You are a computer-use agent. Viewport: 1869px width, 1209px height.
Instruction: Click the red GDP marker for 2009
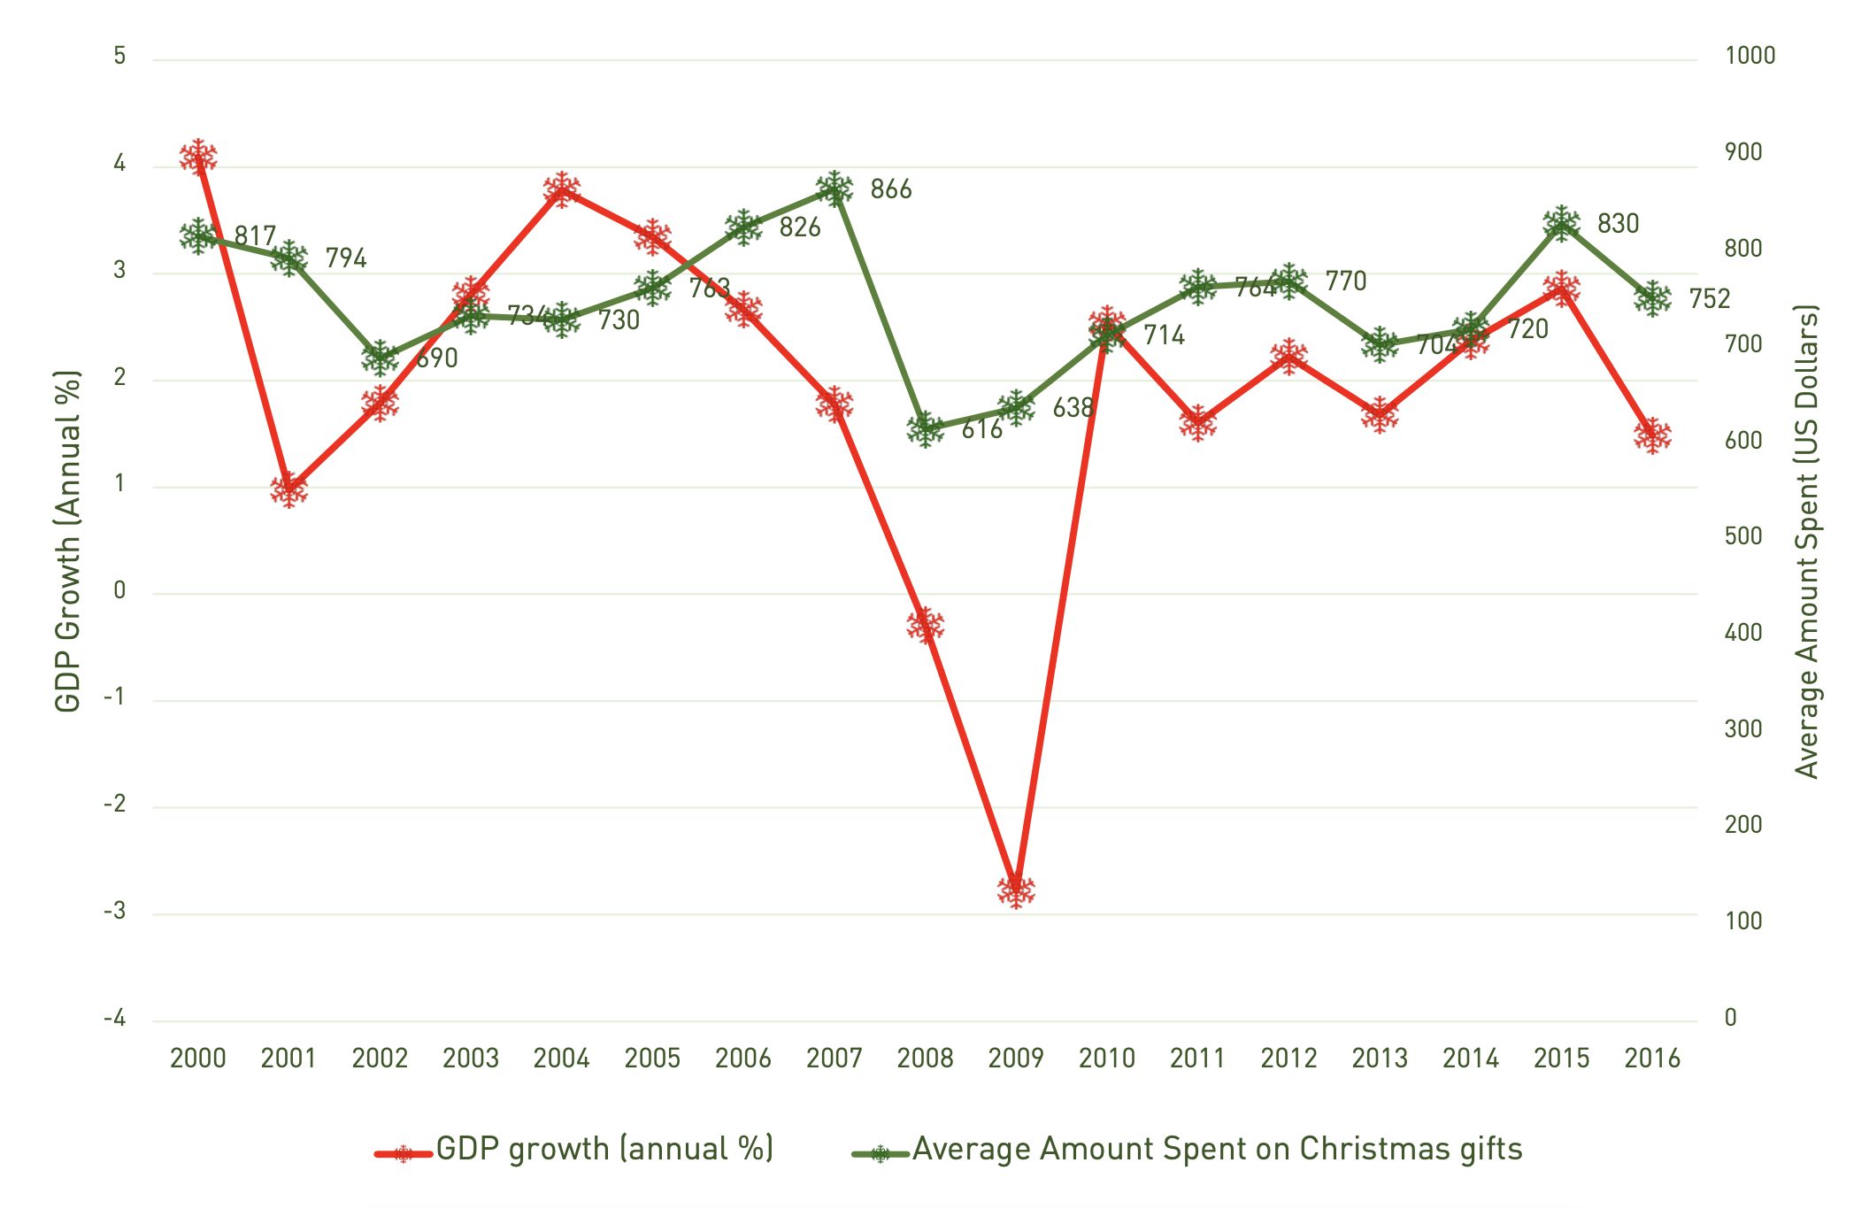(1016, 889)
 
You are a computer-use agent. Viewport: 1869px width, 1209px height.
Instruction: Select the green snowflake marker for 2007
(835, 189)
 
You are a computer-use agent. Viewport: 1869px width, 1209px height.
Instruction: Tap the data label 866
(890, 189)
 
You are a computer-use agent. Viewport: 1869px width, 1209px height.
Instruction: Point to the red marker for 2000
(198, 158)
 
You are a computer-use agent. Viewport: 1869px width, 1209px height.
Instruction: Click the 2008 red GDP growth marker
(926, 625)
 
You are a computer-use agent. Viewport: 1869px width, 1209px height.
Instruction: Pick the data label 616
(982, 430)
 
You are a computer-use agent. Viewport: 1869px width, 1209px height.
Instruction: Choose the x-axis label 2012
(1288, 1059)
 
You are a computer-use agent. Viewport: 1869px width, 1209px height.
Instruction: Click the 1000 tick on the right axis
(1750, 56)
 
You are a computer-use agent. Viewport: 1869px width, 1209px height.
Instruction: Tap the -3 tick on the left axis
(115, 912)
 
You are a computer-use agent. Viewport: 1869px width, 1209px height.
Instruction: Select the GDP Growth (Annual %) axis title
(67, 541)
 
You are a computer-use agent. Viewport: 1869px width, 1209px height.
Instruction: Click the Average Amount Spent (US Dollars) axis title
(1806, 541)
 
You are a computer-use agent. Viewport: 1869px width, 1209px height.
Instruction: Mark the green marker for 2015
(1561, 223)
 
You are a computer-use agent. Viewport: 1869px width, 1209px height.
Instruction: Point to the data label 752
(1709, 299)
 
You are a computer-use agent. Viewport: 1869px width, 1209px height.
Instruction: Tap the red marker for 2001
(289, 489)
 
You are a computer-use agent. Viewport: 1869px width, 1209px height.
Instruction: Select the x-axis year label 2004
(561, 1059)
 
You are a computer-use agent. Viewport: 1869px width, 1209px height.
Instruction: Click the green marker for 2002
(380, 358)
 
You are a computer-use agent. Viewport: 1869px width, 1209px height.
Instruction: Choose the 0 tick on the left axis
(119, 591)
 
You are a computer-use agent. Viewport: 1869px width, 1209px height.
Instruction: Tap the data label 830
(1618, 224)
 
